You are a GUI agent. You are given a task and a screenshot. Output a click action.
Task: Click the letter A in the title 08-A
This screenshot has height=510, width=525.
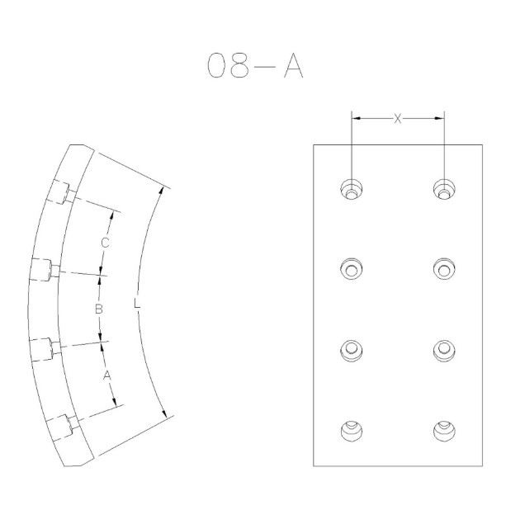[294, 66]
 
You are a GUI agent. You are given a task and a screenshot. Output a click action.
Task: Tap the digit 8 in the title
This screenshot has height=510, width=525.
[239, 66]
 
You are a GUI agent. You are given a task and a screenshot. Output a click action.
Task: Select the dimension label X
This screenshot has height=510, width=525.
[397, 119]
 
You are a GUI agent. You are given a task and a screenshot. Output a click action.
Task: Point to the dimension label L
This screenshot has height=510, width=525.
[136, 303]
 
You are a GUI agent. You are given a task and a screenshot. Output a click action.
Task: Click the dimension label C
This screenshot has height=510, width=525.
[105, 243]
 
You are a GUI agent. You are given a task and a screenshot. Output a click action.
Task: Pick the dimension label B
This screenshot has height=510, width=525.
[98, 309]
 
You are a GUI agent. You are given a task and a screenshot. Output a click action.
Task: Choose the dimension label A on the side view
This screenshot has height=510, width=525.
[106, 375]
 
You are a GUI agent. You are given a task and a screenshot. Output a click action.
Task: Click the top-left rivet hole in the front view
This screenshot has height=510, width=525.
[351, 189]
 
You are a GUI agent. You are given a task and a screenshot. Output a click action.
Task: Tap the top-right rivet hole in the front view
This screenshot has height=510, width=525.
[444, 189]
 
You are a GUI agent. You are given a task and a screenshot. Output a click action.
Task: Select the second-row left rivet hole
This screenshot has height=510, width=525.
[351, 268]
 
